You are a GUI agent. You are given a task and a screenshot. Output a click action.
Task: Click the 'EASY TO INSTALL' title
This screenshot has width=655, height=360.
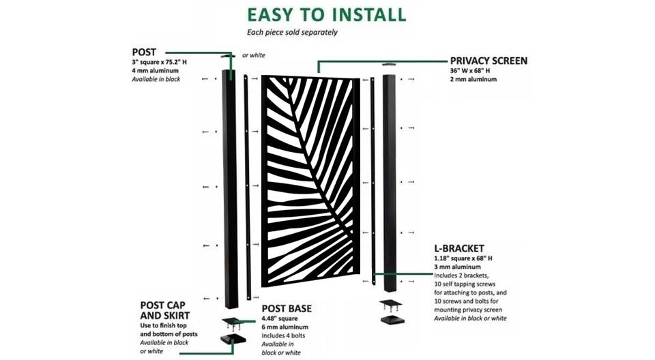pyautogui.click(x=326, y=14)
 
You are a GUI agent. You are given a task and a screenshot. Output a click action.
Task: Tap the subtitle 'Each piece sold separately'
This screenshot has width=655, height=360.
pyautogui.click(x=291, y=32)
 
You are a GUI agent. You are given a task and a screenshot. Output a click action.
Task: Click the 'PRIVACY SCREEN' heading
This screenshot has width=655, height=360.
pyautogui.click(x=489, y=61)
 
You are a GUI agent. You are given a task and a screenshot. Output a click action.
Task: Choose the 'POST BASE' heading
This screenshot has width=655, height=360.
pyautogui.click(x=287, y=309)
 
